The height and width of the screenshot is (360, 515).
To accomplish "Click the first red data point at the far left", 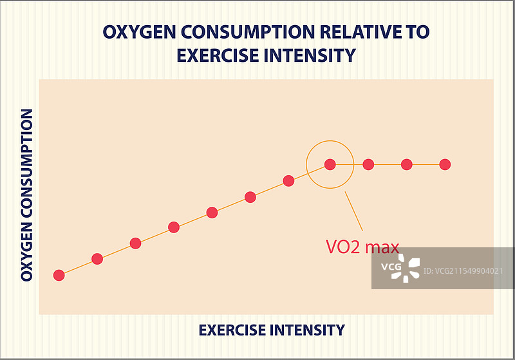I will (59, 275).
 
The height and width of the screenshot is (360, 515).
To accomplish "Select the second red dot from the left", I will (97, 259).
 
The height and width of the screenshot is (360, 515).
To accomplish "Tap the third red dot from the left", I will (135, 243).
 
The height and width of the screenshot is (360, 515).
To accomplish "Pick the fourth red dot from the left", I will (174, 227).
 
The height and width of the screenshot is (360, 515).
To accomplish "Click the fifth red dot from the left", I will (212, 213).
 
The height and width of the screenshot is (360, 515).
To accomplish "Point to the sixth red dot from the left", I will (250, 197).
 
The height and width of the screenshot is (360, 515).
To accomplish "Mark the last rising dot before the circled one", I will (288, 180).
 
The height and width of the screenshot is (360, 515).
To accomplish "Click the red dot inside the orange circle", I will (330, 164).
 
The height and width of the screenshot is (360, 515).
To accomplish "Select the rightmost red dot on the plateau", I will (445, 164).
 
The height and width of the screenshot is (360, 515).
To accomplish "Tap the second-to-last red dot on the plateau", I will (406, 164).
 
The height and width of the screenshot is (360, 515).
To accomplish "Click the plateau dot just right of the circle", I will (368, 164).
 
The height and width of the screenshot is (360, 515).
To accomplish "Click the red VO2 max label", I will (362, 247).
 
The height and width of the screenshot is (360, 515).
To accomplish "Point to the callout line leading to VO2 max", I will (354, 211).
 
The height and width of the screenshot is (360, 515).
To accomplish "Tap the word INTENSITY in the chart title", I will (311, 55).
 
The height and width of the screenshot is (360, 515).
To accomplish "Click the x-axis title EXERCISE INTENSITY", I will (271, 330).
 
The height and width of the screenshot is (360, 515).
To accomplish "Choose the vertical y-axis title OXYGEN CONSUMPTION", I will (27, 194).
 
